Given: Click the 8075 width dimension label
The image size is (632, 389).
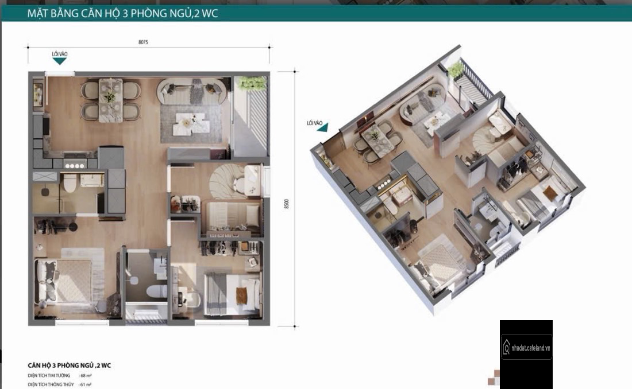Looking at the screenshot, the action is [143, 42].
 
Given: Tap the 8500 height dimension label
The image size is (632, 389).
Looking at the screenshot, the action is [287, 203].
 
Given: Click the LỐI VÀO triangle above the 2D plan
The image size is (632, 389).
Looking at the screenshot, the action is [60, 61].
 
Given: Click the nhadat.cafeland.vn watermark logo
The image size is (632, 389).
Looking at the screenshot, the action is [526, 347].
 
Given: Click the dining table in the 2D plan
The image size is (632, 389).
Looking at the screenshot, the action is [110, 99].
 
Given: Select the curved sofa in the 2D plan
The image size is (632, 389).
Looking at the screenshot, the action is [190, 92].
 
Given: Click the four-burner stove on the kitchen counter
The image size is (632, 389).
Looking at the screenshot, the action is [75, 165].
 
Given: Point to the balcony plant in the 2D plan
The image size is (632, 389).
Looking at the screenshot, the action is [252, 83].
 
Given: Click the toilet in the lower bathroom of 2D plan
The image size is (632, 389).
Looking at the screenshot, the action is [156, 291].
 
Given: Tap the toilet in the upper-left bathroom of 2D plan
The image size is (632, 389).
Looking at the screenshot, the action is [70, 183].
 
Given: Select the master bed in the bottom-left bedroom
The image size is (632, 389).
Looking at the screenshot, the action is [64, 281].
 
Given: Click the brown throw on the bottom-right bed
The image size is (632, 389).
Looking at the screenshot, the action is [241, 295].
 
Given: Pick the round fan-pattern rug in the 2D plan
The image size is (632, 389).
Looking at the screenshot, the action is [226, 181].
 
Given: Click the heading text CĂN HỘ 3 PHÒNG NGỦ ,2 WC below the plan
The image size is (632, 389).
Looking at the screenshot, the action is [70, 365].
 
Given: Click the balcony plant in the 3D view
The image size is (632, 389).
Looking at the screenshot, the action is [456, 70].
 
